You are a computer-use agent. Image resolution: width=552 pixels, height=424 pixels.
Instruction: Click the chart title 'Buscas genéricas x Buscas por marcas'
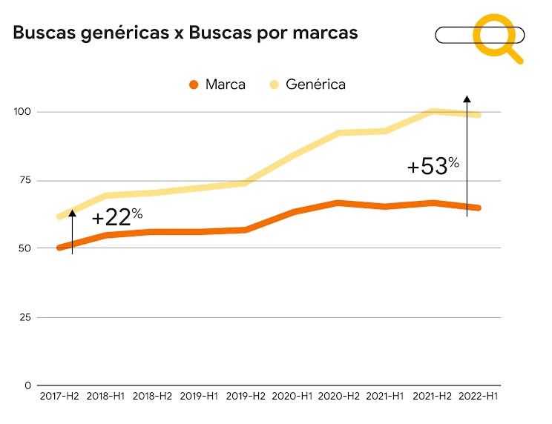[185, 33]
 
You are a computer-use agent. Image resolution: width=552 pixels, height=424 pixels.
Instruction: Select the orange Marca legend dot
[194, 84]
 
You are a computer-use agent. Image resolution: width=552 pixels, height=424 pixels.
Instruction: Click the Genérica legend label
[315, 84]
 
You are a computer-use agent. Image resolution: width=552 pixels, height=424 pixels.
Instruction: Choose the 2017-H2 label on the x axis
[59, 397]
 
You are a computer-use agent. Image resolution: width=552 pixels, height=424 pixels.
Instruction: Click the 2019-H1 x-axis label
[199, 397]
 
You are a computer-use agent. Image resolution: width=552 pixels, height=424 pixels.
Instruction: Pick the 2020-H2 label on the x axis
[339, 397]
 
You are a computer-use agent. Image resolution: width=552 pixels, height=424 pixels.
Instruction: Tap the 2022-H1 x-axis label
[479, 397]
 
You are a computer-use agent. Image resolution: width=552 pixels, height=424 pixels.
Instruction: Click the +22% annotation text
[116, 218]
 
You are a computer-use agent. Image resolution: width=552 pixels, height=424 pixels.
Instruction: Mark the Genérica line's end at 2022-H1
[479, 115]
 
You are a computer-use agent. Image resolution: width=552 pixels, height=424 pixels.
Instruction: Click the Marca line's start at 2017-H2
[59, 248]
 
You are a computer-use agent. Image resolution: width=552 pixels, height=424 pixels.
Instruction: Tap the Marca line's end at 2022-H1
[479, 208]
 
